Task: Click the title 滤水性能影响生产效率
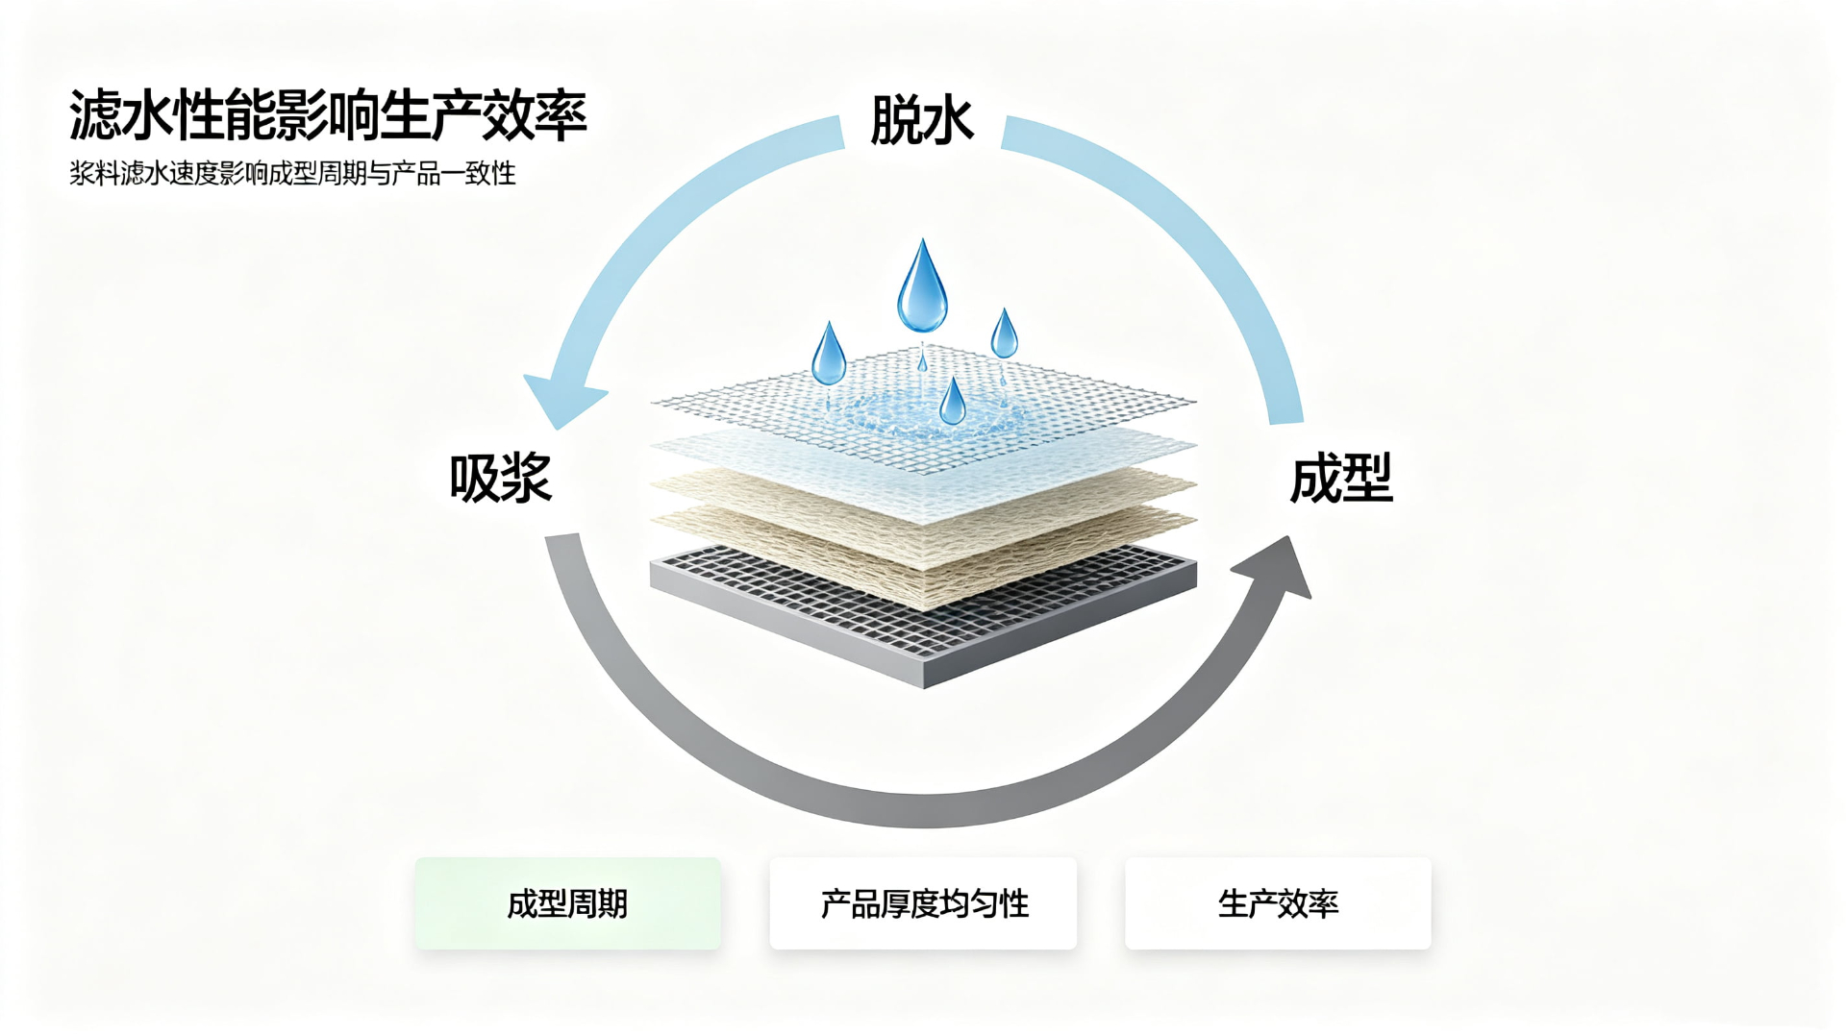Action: [x=328, y=116]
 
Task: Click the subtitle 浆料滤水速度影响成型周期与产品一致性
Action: [x=292, y=174]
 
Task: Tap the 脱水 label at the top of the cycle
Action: [x=922, y=121]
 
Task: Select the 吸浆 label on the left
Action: [x=501, y=478]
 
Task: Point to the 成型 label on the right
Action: [x=1341, y=478]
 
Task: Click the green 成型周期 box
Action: [x=567, y=903]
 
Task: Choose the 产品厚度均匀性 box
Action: [x=923, y=903]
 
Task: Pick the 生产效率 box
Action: [x=1278, y=903]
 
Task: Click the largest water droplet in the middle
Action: [x=922, y=286]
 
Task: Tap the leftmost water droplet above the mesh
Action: [x=829, y=355]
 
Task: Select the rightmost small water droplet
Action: [x=1005, y=333]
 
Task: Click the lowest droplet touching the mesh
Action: [x=953, y=402]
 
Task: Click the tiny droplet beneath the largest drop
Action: [x=922, y=361]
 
